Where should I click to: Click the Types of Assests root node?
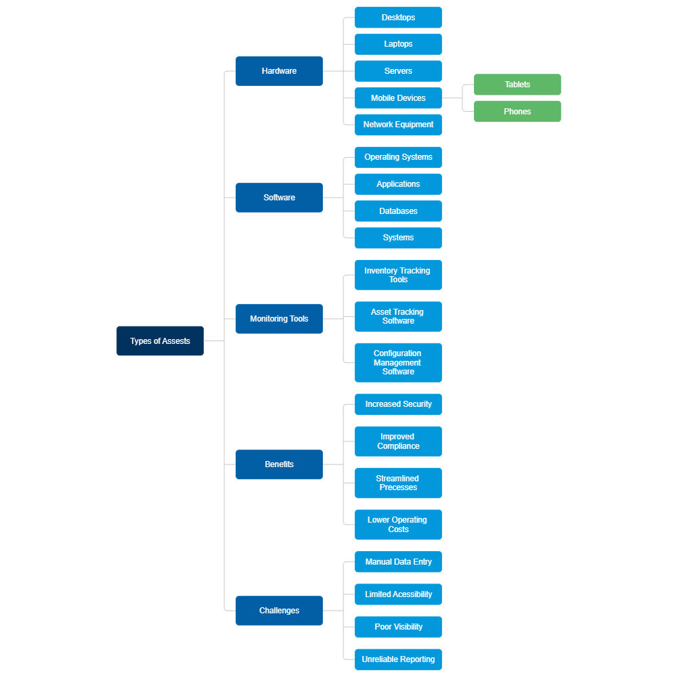pos(160,341)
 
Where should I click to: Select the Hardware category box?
pos(279,71)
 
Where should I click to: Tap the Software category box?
pos(279,198)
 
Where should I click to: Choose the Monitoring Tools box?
pos(279,319)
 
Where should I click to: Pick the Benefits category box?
pos(279,464)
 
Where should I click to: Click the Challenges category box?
pos(279,611)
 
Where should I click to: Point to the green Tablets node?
pos(517,85)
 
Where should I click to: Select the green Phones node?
pos(517,112)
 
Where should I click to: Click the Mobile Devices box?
pos(398,98)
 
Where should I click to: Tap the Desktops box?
pos(398,18)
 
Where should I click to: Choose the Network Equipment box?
pos(398,125)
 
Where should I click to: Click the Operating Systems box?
pos(398,157)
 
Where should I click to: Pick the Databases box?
pos(398,211)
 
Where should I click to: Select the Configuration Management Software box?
pos(398,363)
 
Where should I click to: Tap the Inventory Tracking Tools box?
pos(398,275)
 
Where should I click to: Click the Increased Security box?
pos(398,404)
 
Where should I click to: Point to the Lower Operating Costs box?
pos(398,525)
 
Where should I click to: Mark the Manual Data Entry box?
pos(398,562)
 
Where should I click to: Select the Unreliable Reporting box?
pos(398,659)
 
